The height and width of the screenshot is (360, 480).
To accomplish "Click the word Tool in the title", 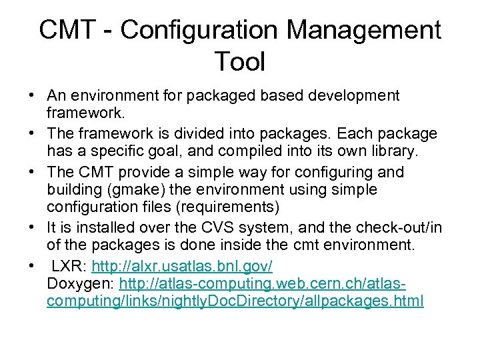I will coord(240,62).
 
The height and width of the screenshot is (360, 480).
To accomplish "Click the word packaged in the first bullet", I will coord(218,96).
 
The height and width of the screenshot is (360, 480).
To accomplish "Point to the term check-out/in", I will coord(393,228).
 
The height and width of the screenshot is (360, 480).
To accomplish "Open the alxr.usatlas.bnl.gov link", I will coord(182,266).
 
